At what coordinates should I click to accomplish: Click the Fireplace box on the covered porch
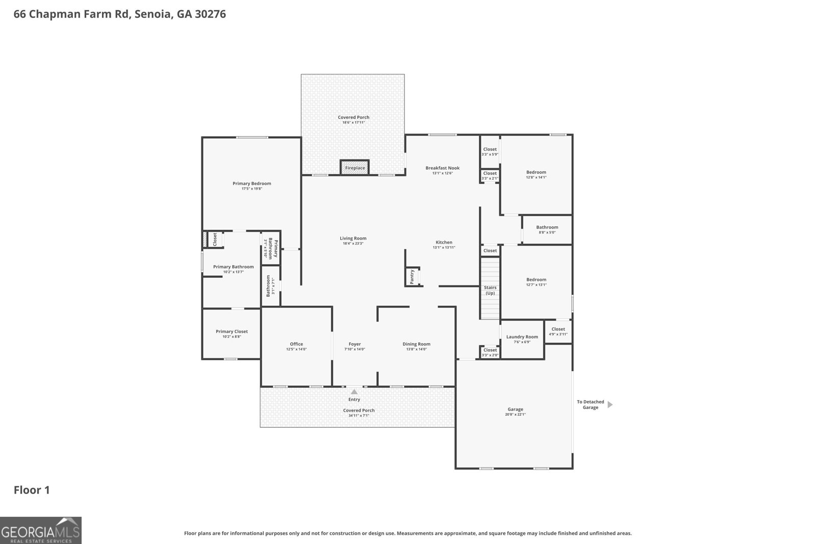click(354, 167)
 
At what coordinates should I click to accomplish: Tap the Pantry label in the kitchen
click(412, 276)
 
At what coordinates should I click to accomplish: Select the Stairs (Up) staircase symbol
click(490, 289)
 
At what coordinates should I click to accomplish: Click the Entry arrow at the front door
click(354, 392)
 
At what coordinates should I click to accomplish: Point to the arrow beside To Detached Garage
click(610, 404)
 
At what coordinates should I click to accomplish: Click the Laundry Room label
click(522, 336)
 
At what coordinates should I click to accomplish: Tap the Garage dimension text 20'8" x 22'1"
click(515, 415)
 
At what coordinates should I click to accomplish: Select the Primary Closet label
click(232, 331)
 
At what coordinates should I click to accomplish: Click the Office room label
click(296, 344)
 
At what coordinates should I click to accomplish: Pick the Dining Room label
click(416, 344)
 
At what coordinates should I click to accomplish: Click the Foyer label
click(354, 344)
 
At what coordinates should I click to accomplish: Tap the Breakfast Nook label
click(442, 168)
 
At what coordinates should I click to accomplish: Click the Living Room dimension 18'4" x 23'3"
click(353, 244)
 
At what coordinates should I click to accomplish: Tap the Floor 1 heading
click(32, 490)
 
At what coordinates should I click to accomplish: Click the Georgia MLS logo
click(40, 530)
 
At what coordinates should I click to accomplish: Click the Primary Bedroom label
click(251, 184)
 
